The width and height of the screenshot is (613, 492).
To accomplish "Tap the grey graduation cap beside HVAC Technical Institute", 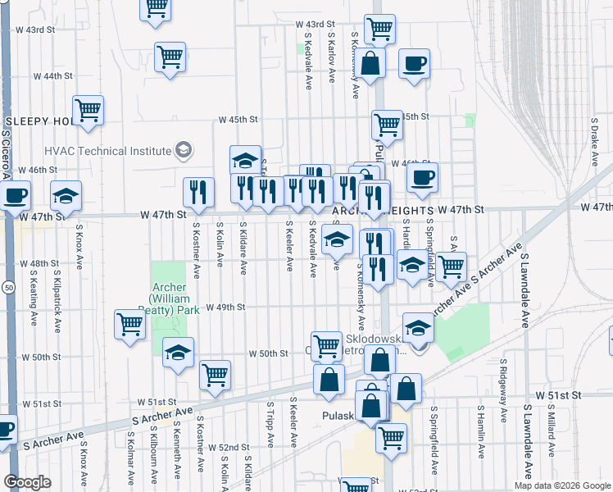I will [184, 151].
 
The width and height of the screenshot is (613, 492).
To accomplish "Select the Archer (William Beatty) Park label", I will [173, 299].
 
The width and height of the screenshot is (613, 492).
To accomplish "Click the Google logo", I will [27, 481].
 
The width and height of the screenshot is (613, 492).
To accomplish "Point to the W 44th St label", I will [52, 75].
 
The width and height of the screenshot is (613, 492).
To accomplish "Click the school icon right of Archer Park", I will [178, 353].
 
